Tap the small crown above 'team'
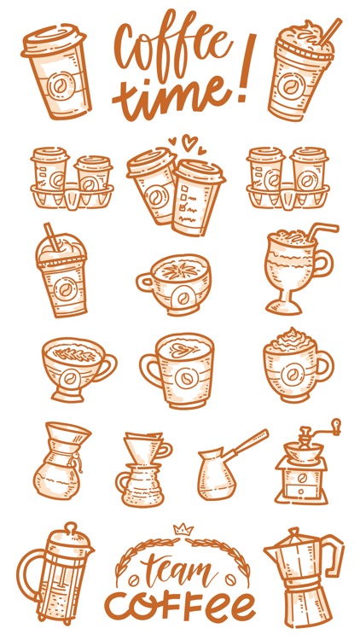[183, 529]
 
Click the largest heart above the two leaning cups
[189, 142]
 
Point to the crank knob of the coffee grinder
[335, 424]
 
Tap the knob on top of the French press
[70, 527]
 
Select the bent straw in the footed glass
[321, 230]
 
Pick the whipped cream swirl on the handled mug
[290, 340]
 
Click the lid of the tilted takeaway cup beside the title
[54, 39]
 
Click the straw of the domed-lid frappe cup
[52, 236]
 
